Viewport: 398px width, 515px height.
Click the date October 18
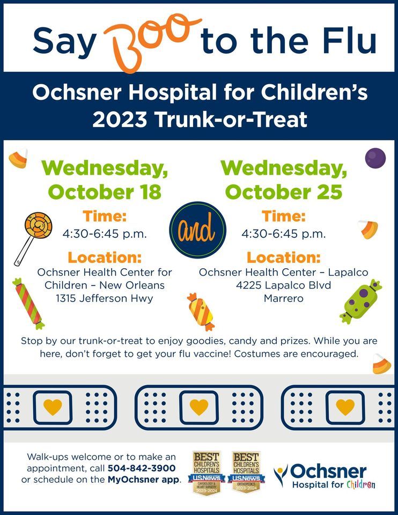pos(105,192)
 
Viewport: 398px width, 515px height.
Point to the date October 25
pos(284,192)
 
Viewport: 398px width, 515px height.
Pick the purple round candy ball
pos(375,158)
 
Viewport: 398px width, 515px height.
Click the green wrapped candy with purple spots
pos(360,301)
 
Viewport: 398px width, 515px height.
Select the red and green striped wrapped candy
pos(28,303)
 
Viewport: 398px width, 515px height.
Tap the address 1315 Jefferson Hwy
pos(105,299)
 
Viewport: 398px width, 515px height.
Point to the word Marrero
pos(283,299)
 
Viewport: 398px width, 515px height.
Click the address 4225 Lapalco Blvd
pos(283,285)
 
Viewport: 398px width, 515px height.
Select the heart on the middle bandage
pos(199,406)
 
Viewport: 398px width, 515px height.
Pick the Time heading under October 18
pos(105,217)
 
